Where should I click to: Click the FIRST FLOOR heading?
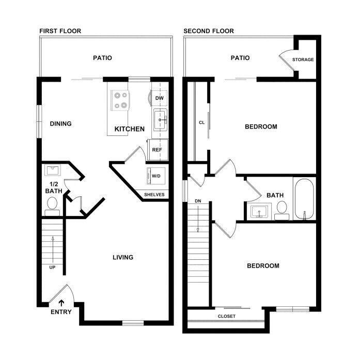tap(60, 31)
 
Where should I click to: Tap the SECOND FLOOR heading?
tap(209, 31)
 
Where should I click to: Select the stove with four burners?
tap(120, 101)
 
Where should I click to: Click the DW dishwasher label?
tap(159, 98)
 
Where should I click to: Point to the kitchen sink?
tap(160, 120)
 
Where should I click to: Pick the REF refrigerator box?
tap(158, 150)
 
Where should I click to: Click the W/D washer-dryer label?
tap(156, 176)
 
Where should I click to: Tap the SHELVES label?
tap(154, 195)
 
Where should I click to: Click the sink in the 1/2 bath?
tap(53, 170)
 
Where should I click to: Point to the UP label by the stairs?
tap(52, 267)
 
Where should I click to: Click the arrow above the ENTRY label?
tap(61, 303)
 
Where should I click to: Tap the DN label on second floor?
tap(198, 201)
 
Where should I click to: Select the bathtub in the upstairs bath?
tap(304, 199)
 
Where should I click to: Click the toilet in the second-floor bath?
tap(282, 211)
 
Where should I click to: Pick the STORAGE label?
tap(303, 60)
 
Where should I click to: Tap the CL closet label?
tap(201, 122)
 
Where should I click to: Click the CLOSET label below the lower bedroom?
tap(227, 316)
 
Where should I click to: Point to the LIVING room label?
tap(123, 257)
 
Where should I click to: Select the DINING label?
tap(60, 124)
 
